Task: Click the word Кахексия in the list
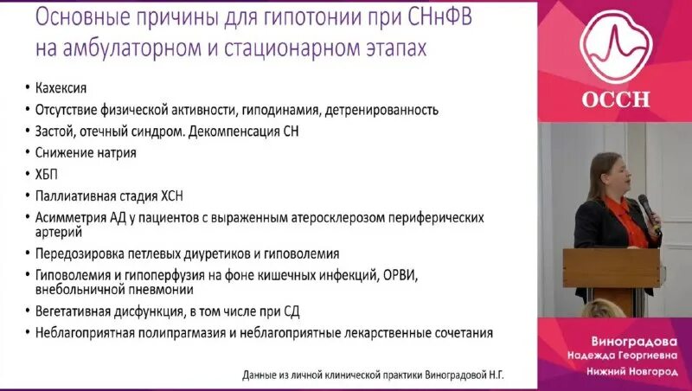click(x=61, y=89)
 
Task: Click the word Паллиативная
click(x=77, y=195)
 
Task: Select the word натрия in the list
click(x=117, y=152)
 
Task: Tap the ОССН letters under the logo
click(x=613, y=97)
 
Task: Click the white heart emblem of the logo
click(x=614, y=43)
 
